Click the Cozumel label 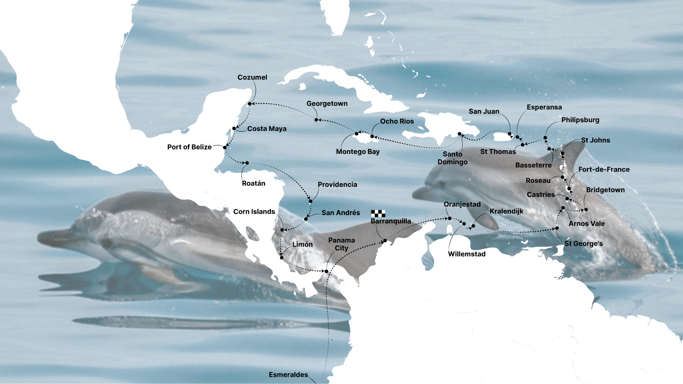click(252, 77)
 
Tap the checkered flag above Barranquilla click(378, 213)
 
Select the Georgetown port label click(327, 103)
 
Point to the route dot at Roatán click(247, 163)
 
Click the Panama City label click(341, 244)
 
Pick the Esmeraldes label click(288, 375)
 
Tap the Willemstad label click(467, 254)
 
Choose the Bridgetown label click(605, 190)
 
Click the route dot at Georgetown click(316, 120)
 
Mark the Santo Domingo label click(452, 158)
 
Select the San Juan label click(484, 111)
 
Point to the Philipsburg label click(580, 120)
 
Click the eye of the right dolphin click(441, 184)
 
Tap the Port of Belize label click(189, 147)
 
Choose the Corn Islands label click(254, 212)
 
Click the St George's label click(584, 244)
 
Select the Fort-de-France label click(604, 169)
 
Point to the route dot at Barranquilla click(385, 241)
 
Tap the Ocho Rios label click(397, 121)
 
